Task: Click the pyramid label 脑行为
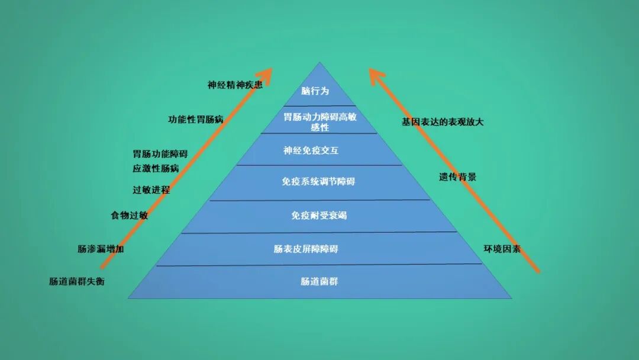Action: pos(314,91)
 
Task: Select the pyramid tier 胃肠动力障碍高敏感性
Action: pos(319,122)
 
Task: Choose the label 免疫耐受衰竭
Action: pos(319,216)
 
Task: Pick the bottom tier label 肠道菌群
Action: pos(319,282)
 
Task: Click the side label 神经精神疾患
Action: pos(235,85)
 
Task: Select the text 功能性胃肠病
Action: pos(196,119)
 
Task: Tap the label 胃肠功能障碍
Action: pos(160,154)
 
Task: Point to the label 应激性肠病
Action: pos(156,168)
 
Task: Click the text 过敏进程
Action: pos(151,190)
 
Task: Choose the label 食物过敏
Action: pos(129,216)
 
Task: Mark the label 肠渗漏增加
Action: pos(101,249)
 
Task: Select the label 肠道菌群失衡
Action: pos(77,282)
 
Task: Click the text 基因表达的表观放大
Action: pos(443,122)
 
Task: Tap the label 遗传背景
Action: pos(457,177)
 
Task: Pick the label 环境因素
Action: pos(502,249)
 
